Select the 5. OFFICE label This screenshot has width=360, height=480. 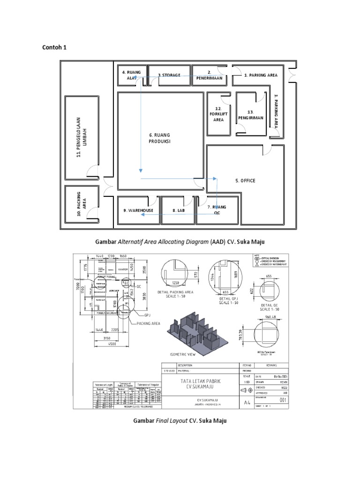[x=245, y=180]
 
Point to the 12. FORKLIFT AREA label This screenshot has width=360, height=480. [x=218, y=114]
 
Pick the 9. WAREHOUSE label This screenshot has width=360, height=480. [x=138, y=210]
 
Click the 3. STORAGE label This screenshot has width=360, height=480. [x=169, y=75]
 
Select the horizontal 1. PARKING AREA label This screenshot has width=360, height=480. [x=261, y=75]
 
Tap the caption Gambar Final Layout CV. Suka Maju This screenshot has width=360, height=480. [x=180, y=420]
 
